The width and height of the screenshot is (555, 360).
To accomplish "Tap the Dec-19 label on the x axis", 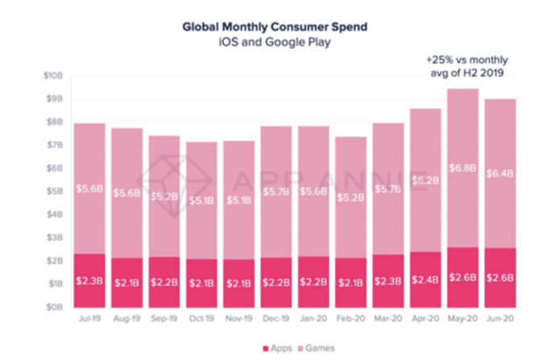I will (276, 319).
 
